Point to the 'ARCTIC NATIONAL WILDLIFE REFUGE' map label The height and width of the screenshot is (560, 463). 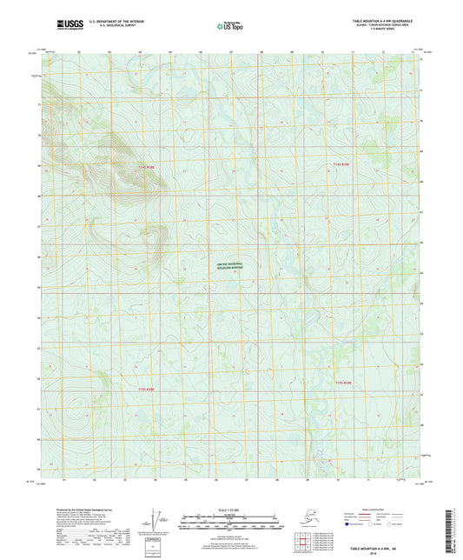tap(232, 268)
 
